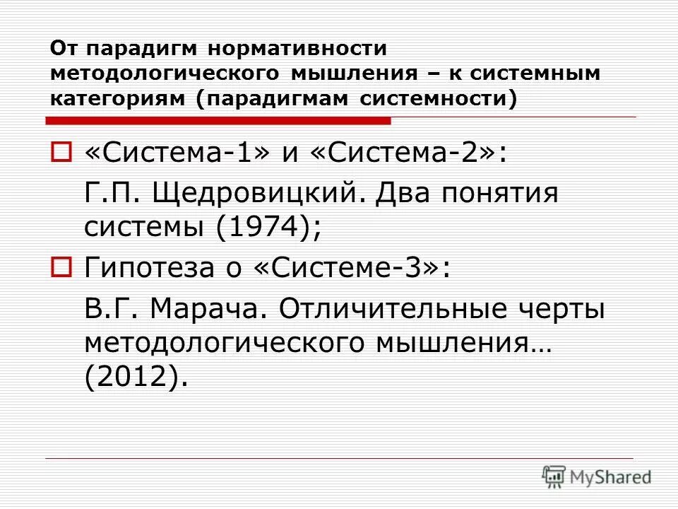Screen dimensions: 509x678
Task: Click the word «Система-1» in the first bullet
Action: [177, 154]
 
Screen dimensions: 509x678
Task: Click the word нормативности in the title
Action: [297, 49]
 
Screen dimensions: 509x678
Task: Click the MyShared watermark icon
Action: [554, 476]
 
